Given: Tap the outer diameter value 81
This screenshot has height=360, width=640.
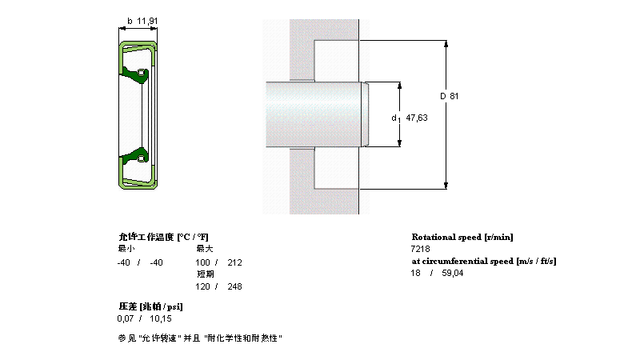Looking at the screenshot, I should click(454, 96).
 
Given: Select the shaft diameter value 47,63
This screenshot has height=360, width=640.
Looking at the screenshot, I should click(417, 118).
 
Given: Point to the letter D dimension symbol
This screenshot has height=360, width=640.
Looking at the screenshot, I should click(442, 96).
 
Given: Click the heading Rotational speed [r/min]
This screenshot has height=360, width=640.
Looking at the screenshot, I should click(462, 237).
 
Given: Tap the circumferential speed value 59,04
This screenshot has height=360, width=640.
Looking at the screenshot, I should click(452, 274).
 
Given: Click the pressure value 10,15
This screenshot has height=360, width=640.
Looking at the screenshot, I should click(161, 318).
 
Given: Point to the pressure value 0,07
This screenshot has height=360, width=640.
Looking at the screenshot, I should click(126, 318).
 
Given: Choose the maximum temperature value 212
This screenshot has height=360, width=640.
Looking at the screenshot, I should click(234, 262).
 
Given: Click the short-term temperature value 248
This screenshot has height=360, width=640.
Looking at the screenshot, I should click(234, 286).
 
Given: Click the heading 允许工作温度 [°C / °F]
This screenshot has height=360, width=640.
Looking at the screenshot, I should click(163, 237).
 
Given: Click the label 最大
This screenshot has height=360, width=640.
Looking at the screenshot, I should click(205, 250).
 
